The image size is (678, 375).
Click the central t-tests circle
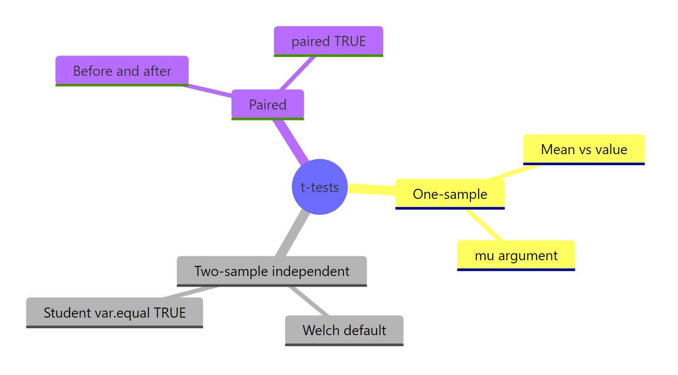point(320,187)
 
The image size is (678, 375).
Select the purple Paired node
point(268,105)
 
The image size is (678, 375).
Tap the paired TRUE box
point(328,41)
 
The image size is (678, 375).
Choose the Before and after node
point(122,71)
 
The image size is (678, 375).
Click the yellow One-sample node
point(450,194)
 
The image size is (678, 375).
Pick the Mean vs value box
point(584,149)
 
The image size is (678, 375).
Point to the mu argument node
point(516,255)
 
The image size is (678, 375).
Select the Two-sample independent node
point(272,271)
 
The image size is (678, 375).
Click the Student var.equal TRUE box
point(115,312)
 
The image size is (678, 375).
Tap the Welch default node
point(344,330)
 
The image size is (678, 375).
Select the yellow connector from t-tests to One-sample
point(371,189)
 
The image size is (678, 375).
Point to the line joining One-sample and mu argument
point(484,225)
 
